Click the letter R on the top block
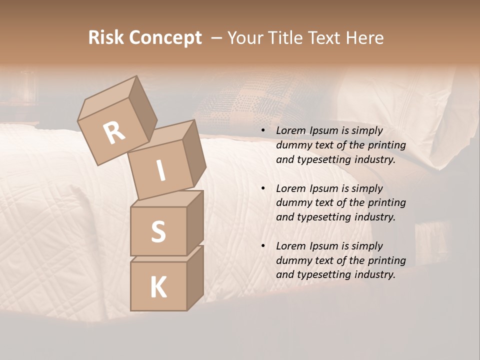[x=114, y=132]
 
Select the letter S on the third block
[x=158, y=231]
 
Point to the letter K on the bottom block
[x=158, y=287]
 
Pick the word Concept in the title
[x=165, y=38]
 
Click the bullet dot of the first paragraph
[x=263, y=130]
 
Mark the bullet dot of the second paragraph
[x=263, y=188]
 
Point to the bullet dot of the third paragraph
[x=263, y=246]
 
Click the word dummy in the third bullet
[x=292, y=260]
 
